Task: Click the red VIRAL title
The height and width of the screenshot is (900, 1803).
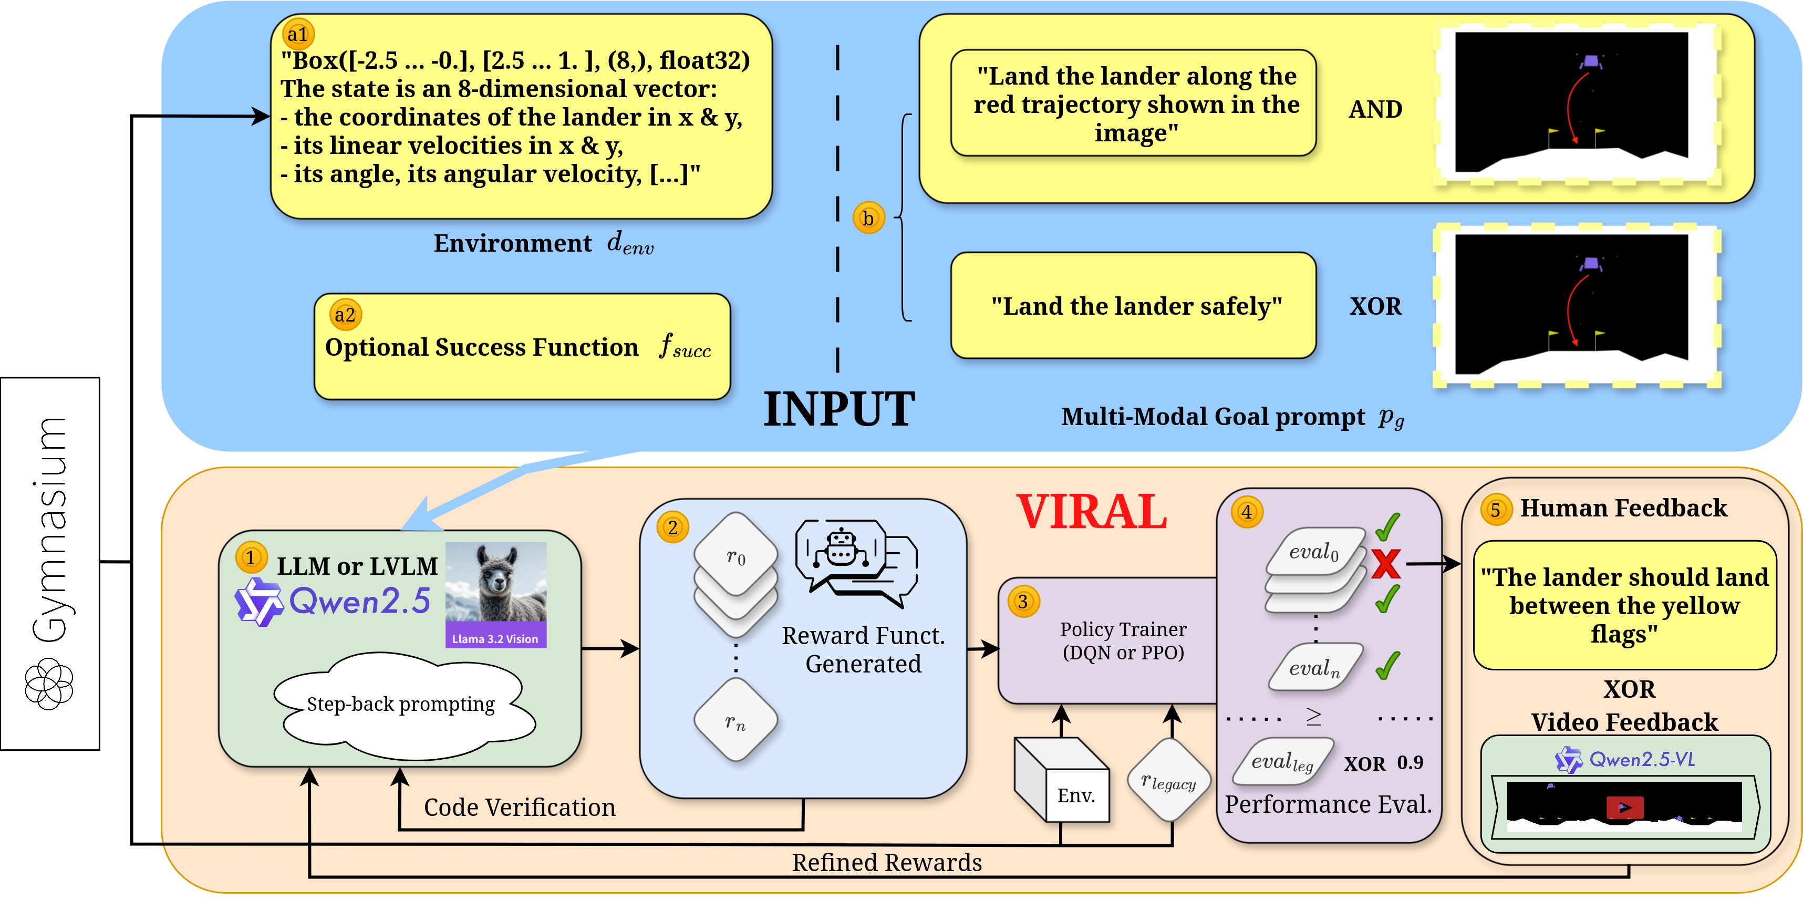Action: [1091, 512]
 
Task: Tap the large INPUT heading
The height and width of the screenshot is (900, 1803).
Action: [838, 409]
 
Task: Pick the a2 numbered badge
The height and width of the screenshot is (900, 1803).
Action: [345, 315]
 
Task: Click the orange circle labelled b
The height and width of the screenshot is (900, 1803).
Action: [868, 219]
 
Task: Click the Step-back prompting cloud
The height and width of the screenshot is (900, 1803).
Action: [401, 704]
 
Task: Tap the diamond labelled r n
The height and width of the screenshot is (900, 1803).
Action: [735, 721]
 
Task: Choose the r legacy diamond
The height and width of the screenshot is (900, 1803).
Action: [1168, 780]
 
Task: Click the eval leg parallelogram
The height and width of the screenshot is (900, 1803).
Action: [1281, 761]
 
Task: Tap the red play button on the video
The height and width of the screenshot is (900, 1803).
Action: [1624, 807]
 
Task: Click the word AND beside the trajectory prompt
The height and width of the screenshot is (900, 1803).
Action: [1375, 109]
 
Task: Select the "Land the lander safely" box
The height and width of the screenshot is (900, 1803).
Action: [1133, 306]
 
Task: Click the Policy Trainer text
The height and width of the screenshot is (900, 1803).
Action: [1123, 640]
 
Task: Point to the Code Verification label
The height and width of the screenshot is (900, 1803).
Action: [520, 808]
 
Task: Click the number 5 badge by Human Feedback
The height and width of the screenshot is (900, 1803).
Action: [1495, 510]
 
